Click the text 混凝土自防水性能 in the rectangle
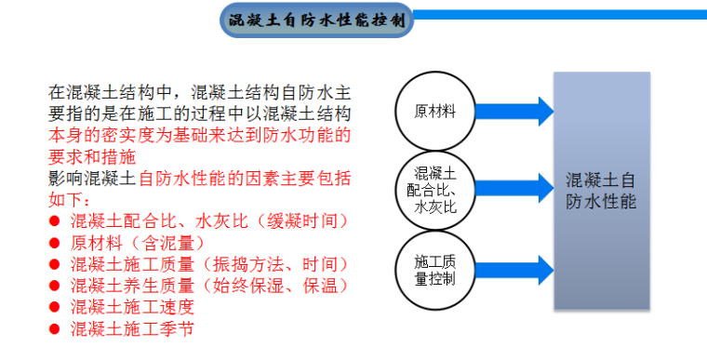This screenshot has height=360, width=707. click(601, 190)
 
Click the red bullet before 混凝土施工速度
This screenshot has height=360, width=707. click(55, 307)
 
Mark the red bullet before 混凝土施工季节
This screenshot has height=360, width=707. click(55, 328)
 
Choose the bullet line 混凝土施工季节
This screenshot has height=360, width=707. click(132, 328)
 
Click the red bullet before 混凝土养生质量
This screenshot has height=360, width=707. click(55, 286)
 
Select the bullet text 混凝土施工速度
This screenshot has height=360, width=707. click(132, 307)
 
